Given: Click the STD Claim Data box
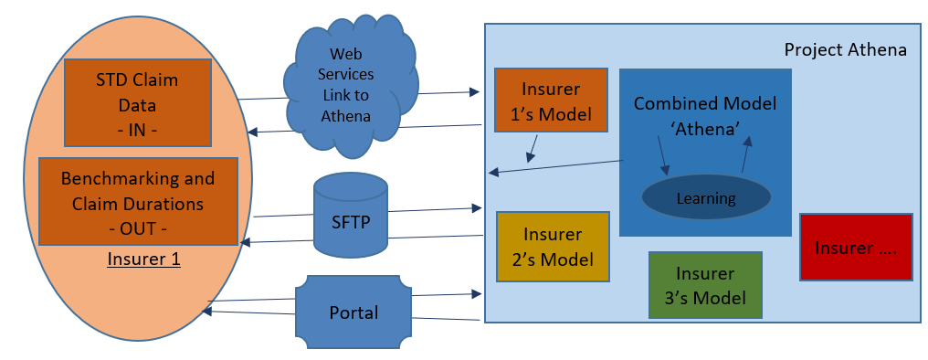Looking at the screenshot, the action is pos(137,102).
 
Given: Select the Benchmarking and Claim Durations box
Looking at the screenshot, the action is pos(138,201).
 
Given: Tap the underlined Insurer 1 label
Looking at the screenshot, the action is pos(143,259).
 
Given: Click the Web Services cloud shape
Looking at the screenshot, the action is pos(351,87).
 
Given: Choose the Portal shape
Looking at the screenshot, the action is pos(353,312).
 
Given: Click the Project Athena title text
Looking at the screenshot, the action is pos(845,49).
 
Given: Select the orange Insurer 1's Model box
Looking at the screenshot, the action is pos(551,100).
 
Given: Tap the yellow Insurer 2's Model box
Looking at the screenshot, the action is pos(553,246).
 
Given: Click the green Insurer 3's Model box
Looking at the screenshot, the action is pos(705,285).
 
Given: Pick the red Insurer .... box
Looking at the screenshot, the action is pos(856,247).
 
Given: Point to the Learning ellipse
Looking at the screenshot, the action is pos(706,198).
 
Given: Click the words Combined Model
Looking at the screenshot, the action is pos(705,103).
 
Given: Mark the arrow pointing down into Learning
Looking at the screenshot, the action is pos(663,156).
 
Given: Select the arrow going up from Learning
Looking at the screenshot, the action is pos(745,154).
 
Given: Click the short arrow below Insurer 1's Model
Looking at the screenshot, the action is pos(533,149).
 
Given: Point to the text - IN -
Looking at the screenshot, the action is pos(137,131).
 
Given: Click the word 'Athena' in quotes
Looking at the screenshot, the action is pos(705,130).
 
